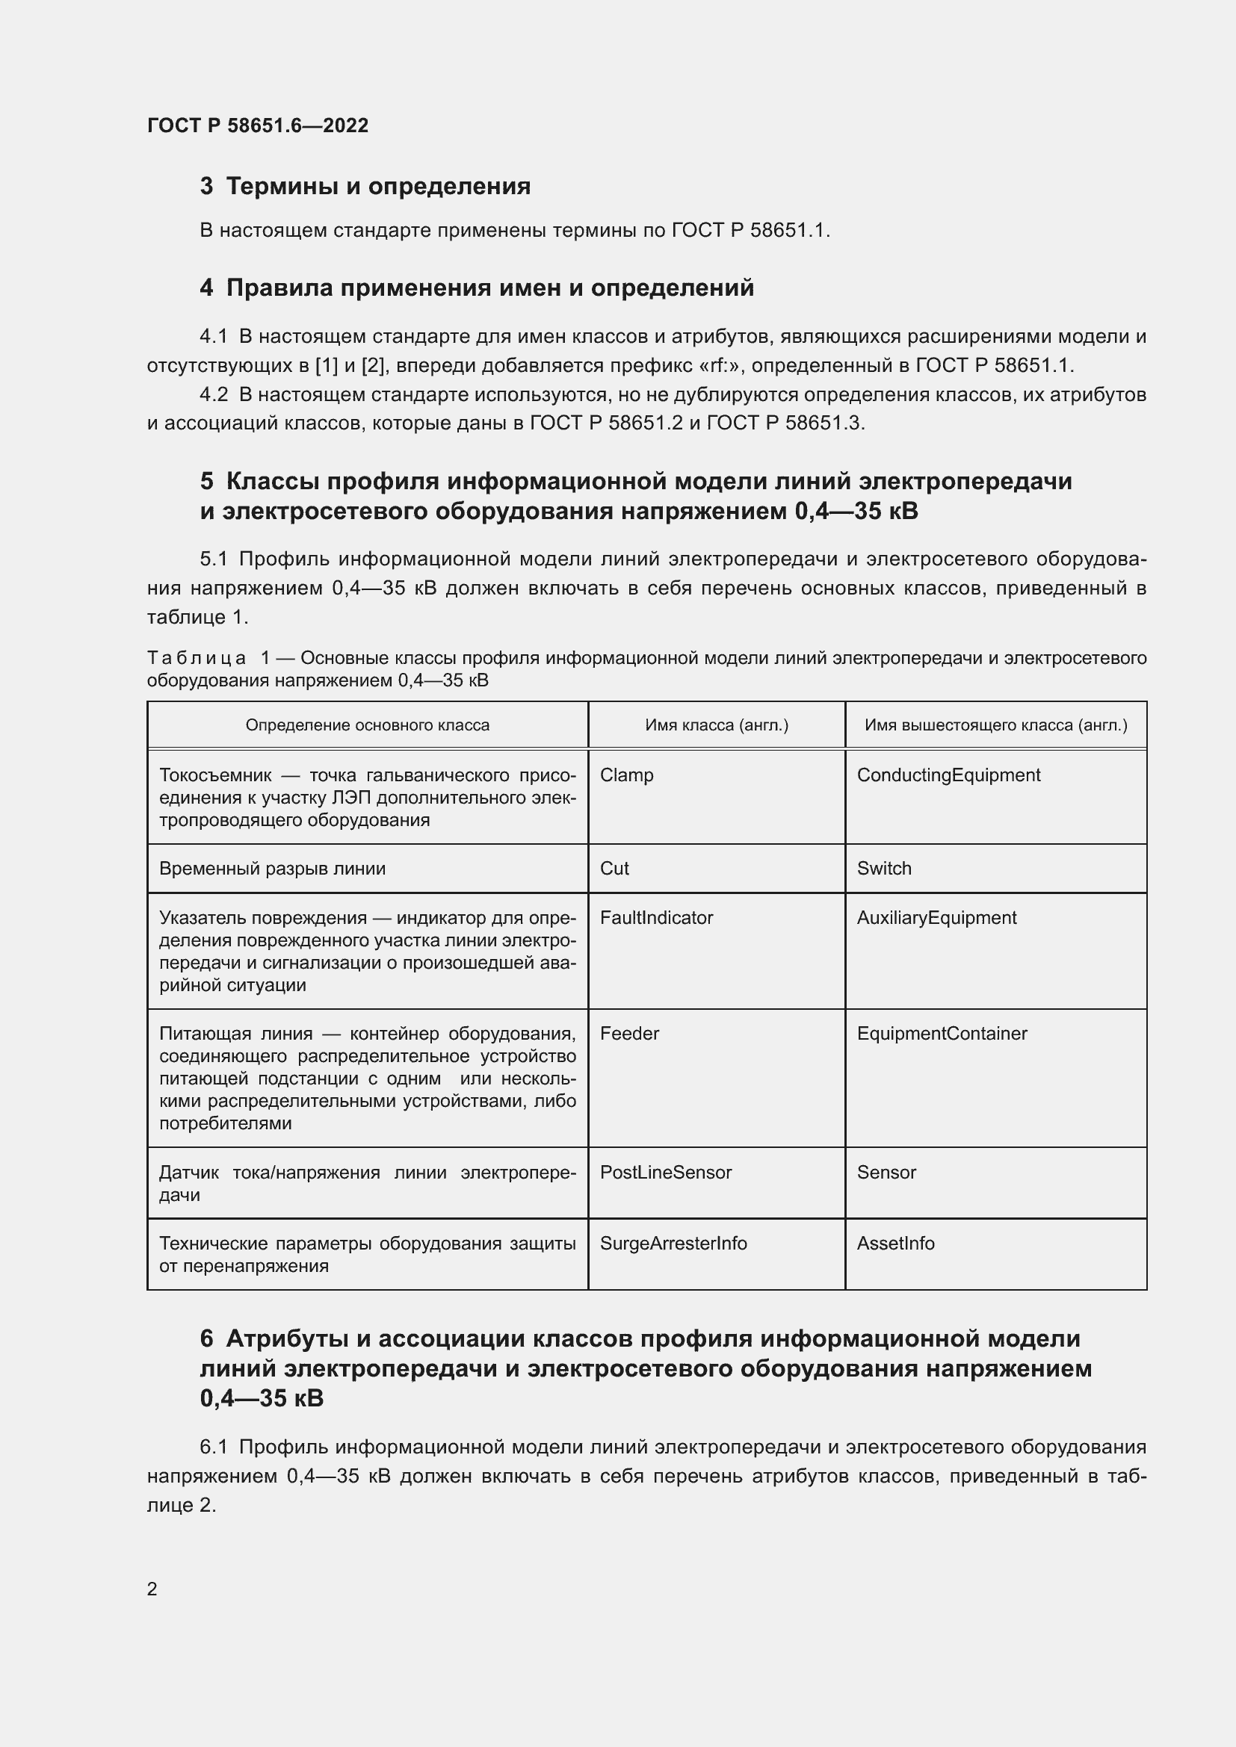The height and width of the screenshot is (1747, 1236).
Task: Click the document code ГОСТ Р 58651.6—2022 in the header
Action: pyautogui.click(x=257, y=125)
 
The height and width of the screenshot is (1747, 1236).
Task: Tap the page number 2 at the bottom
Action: pyautogui.click(x=152, y=1589)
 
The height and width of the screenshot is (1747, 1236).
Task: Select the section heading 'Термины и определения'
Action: pyautogui.click(x=378, y=187)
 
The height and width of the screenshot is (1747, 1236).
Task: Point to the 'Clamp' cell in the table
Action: pyautogui.click(x=626, y=775)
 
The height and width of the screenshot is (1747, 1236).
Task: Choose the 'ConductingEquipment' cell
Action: pyautogui.click(x=948, y=775)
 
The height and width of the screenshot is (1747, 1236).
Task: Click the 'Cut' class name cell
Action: pyautogui.click(x=614, y=869)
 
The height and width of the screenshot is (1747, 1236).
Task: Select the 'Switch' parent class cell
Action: pyautogui.click(x=883, y=869)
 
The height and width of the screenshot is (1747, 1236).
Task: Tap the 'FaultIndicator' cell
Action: pyautogui.click(x=656, y=918)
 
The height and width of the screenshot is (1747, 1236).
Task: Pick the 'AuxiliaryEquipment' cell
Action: pyautogui.click(x=936, y=918)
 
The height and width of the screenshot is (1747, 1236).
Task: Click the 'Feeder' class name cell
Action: pyautogui.click(x=629, y=1033)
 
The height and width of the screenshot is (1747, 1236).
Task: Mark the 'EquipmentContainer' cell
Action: pyautogui.click(x=942, y=1033)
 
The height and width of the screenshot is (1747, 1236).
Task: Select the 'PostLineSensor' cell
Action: pyautogui.click(x=665, y=1173)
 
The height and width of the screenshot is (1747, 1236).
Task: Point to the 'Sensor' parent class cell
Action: pyautogui.click(x=886, y=1173)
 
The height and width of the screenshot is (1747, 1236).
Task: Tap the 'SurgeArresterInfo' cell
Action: pyautogui.click(x=673, y=1244)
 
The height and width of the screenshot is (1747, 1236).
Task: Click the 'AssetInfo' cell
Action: pyautogui.click(x=895, y=1244)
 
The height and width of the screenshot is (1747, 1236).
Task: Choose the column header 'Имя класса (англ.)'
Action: pyautogui.click(x=716, y=725)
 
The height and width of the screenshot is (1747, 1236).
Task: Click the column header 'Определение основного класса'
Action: pyautogui.click(x=367, y=725)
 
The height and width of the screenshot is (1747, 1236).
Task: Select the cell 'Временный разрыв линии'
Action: pyautogui.click(x=272, y=869)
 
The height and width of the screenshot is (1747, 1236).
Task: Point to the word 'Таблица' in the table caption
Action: pyautogui.click(x=197, y=658)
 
